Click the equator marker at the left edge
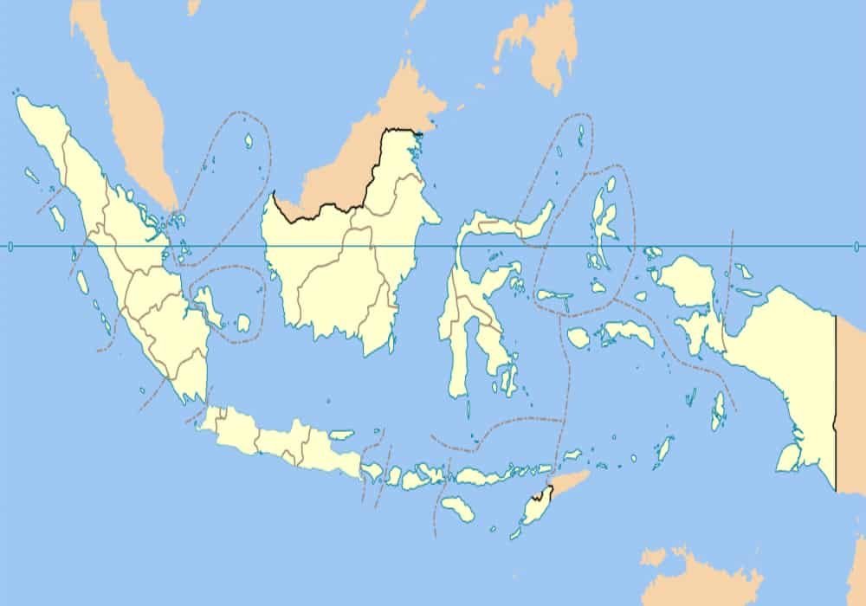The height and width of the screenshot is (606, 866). (x=10, y=247)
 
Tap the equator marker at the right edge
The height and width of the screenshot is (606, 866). (x=856, y=247)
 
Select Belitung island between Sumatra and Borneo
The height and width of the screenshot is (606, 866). (x=243, y=323)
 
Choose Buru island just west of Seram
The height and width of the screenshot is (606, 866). (x=578, y=336)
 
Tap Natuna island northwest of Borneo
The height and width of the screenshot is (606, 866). (x=249, y=139)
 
